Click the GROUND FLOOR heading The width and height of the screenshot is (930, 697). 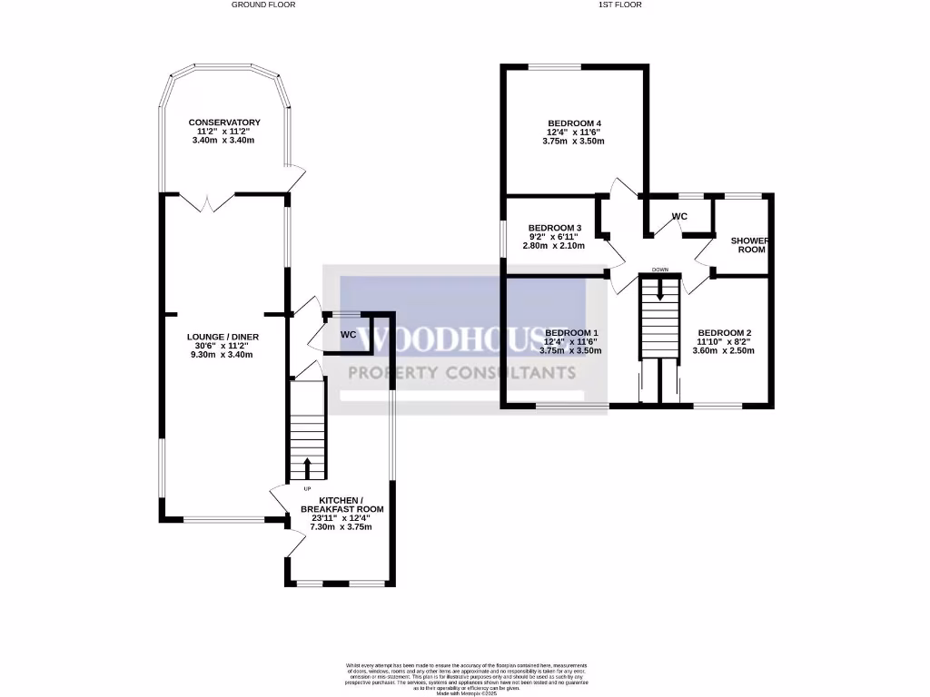point(263,5)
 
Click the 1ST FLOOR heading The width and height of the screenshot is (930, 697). point(620,5)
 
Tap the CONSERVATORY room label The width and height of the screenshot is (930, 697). point(224,123)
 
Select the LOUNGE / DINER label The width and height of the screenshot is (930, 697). point(223,337)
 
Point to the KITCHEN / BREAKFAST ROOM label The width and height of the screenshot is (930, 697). point(342,506)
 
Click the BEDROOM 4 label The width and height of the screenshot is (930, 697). point(574,123)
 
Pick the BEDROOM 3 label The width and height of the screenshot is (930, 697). point(554,228)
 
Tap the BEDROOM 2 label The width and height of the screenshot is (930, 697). point(724,333)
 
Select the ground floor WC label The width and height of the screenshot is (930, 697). point(348,335)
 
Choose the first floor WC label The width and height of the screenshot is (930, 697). point(679,216)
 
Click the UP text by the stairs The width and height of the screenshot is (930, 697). point(294,489)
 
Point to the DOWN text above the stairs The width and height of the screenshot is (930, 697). point(660,270)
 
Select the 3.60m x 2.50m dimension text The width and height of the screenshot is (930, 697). point(724,350)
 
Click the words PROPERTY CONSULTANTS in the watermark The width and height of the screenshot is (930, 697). point(463,372)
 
